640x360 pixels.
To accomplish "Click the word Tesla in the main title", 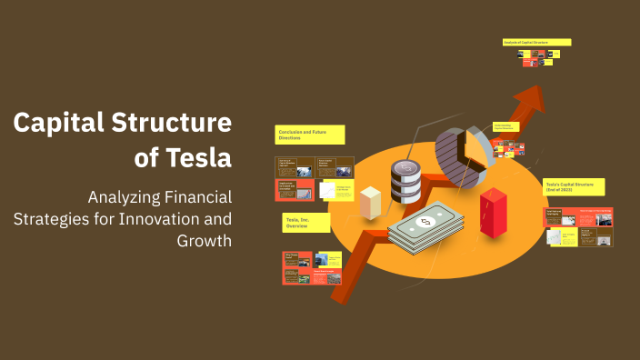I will coord(199,158).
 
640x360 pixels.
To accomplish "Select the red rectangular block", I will coord(492,213).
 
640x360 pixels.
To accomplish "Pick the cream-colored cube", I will coord(370,202).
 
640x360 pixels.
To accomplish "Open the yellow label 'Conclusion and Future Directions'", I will coord(310,135).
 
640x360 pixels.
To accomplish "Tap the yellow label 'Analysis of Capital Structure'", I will coord(536,42).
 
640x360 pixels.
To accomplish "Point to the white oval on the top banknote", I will coord(425,221).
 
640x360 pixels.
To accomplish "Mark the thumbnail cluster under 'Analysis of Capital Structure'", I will coord(536,56).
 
